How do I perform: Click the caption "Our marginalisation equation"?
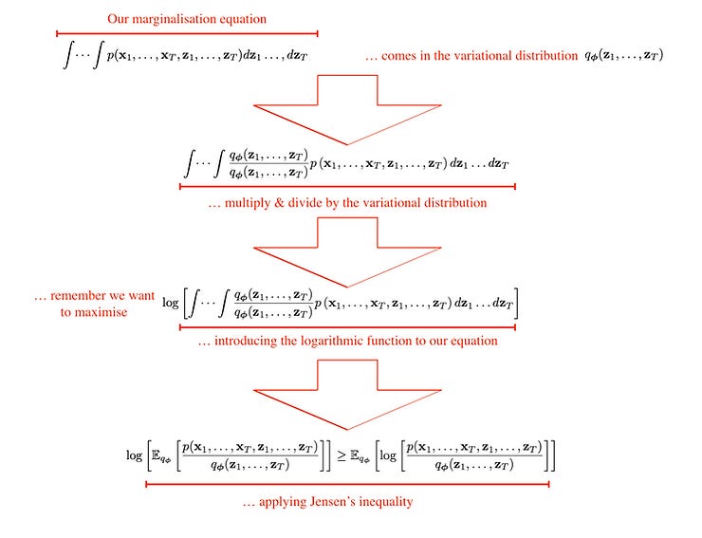[187, 18]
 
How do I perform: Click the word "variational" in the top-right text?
[495, 56]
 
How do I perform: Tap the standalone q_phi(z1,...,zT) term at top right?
[623, 55]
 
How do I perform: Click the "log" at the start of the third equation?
[172, 304]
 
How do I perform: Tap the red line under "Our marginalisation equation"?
[187, 32]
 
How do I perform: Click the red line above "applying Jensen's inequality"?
[347, 484]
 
